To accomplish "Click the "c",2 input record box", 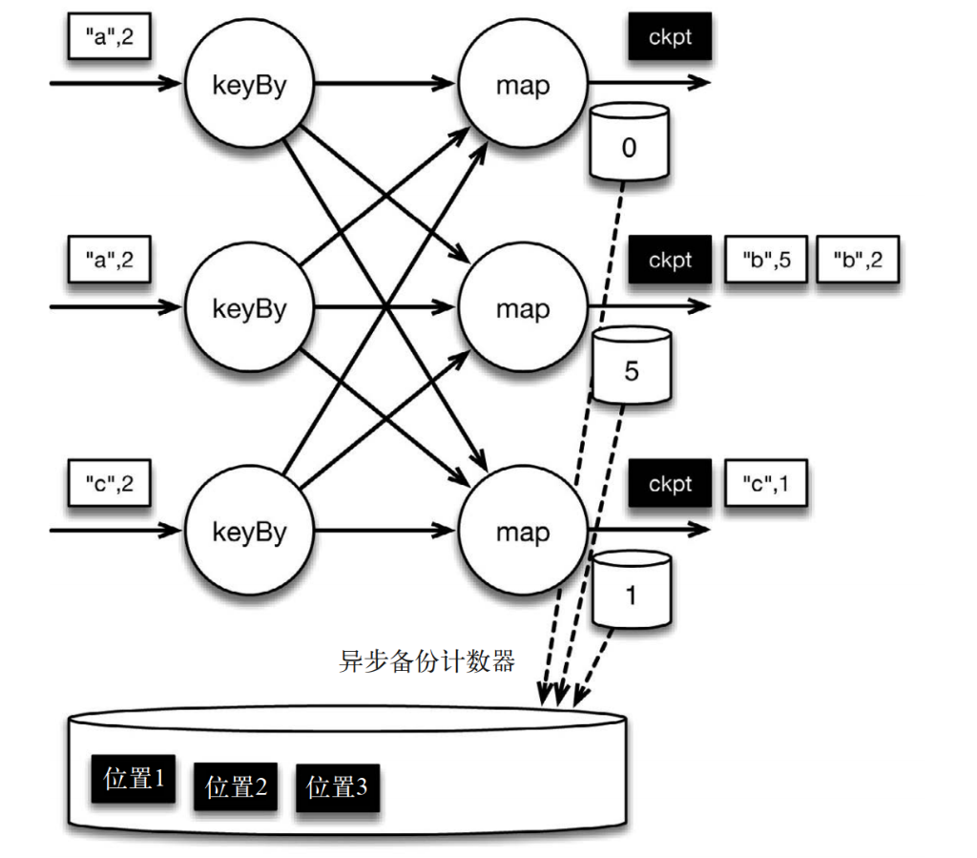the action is (109, 483).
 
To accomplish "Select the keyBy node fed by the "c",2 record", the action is (249, 531).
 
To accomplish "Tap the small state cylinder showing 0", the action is (629, 142).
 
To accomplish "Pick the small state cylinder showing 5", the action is (632, 366).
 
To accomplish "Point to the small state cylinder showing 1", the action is (632, 590).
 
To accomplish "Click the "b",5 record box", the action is (766, 260).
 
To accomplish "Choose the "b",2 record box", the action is (858, 260).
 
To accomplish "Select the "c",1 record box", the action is (766, 483).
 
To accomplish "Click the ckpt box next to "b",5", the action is (670, 260).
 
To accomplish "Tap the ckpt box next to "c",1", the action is (670, 483).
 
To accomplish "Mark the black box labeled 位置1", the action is (134, 778).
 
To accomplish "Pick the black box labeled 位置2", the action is (236, 787).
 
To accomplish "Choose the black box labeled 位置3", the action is (337, 787).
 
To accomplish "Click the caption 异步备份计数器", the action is (426, 661).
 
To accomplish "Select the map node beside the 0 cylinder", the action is (523, 83).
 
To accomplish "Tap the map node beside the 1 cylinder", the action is (523, 531).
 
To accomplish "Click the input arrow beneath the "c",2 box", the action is (115, 531).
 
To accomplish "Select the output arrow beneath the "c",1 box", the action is (649, 530).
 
